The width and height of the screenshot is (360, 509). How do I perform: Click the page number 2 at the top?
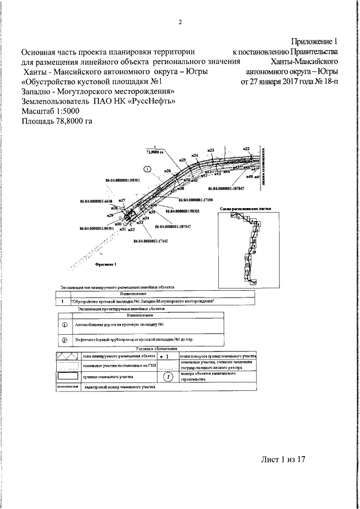[181, 22]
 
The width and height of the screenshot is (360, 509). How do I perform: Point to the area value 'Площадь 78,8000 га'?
[57, 121]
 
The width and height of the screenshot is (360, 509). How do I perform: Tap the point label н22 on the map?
[246, 149]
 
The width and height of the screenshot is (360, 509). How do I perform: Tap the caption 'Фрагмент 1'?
[105, 263]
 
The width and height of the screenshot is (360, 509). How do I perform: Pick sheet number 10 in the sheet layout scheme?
[254, 253]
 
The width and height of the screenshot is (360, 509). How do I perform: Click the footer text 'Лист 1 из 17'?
[282, 460]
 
